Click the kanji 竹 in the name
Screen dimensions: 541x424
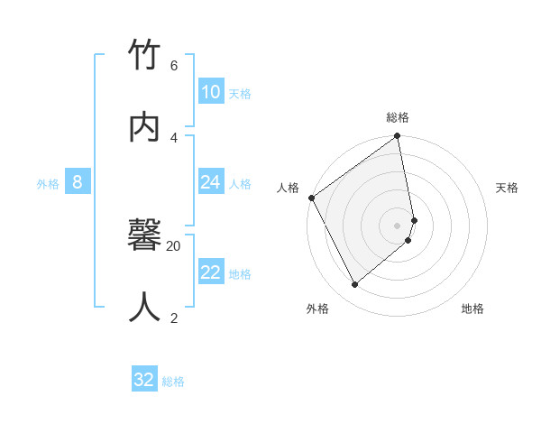(144, 57)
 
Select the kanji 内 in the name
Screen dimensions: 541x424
(144, 126)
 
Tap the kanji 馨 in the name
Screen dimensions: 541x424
(144, 237)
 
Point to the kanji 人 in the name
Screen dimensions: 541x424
(144, 307)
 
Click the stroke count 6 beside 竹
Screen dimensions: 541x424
(174, 66)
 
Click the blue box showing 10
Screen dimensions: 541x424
(211, 92)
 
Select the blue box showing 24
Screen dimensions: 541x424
(211, 182)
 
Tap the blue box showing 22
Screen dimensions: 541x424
(211, 272)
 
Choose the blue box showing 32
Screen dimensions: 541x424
(144, 380)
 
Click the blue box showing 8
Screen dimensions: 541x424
(78, 182)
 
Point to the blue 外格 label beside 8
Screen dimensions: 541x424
(48, 184)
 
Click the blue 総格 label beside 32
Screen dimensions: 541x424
(173, 382)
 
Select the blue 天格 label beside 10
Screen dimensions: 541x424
(240, 94)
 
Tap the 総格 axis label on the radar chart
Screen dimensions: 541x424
(398, 117)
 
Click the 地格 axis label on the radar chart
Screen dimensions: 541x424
(472, 309)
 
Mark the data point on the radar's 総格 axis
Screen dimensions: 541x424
(398, 137)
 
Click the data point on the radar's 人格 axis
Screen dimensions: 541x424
(311, 198)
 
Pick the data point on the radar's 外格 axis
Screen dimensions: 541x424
(355, 285)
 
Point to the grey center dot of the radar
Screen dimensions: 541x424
(398, 225)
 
